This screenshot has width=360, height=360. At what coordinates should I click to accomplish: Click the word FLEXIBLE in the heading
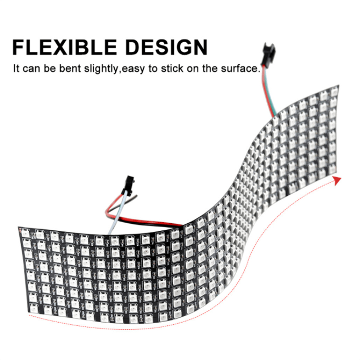coord(65,47)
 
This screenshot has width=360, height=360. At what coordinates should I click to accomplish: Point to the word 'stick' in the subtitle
coord(172,68)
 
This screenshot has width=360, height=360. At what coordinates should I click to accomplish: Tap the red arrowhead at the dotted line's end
coord(337,181)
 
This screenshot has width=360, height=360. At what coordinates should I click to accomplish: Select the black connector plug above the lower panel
coord(128,185)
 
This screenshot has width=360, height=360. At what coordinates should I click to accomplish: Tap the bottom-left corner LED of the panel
coord(34,308)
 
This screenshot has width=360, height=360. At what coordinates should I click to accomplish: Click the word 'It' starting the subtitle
coord(16,68)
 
